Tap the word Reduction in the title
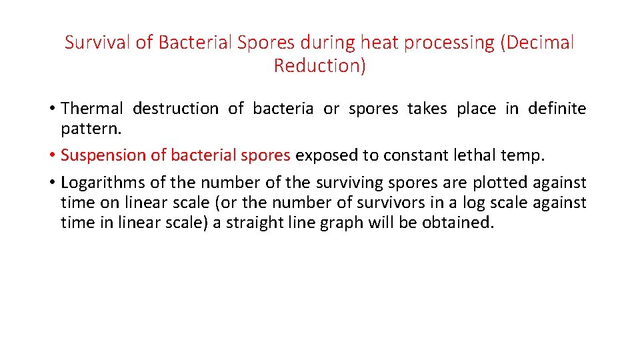[319, 66]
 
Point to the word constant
[410, 155]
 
